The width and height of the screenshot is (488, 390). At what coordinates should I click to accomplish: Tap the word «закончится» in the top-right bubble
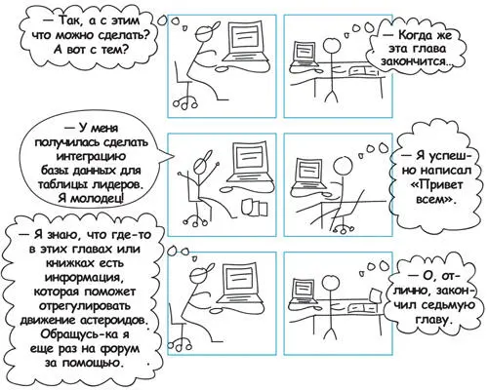click(x=413, y=61)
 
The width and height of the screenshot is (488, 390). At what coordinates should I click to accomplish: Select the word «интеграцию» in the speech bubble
click(x=91, y=157)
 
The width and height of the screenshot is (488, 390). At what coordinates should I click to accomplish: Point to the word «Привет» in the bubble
click(x=436, y=185)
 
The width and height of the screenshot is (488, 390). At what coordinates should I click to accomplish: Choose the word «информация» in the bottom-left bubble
click(x=84, y=278)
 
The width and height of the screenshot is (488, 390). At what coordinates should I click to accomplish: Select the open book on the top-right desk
click(x=364, y=70)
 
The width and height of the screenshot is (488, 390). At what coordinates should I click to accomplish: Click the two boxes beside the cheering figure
click(x=254, y=208)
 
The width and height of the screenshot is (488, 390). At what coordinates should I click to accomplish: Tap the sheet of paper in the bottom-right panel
click(x=377, y=296)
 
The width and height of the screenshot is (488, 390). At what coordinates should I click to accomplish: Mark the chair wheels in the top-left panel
click(x=184, y=103)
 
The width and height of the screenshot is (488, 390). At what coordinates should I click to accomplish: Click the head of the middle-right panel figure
click(x=344, y=167)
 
